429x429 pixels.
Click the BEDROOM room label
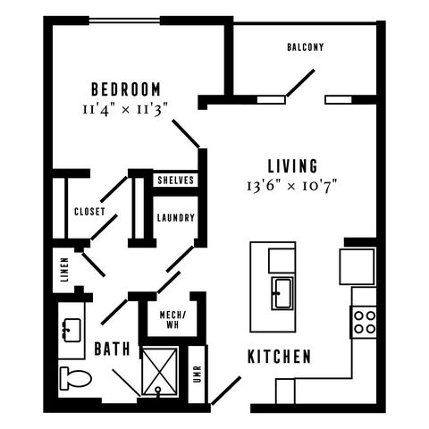pos(126,89)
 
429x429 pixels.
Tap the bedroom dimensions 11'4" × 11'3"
pos(125,110)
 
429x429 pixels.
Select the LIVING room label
pos(292,166)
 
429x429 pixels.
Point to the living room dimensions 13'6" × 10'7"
pos(292,186)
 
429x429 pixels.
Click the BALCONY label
pos(305,47)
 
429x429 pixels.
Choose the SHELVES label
pos(175,180)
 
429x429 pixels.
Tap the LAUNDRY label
pos(176,217)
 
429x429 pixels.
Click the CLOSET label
pos(89,212)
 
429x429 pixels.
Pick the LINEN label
pos(64,270)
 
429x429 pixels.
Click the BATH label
pos(112,349)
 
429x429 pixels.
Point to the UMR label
pos(198,374)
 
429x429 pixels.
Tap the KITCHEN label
pos(279,357)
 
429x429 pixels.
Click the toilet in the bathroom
pos(76,378)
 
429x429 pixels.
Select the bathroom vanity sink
pos(71,330)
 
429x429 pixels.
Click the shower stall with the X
pos(159,372)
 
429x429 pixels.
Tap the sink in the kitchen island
pos(282,293)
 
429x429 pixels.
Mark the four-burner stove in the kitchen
pos(364,322)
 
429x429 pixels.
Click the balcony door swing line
pos(300,83)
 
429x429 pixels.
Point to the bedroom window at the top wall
pos(124,21)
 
